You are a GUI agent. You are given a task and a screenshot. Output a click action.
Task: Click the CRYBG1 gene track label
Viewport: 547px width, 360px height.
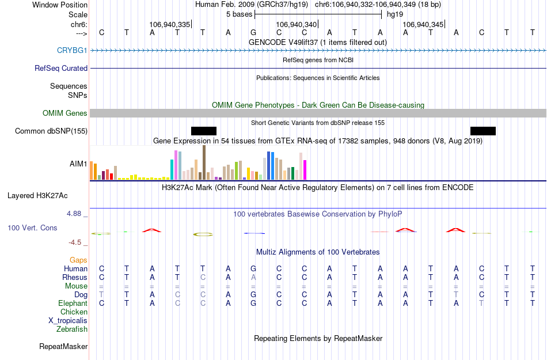pos(72,51)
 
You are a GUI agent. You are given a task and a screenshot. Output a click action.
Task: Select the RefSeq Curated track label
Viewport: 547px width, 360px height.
pos(61,68)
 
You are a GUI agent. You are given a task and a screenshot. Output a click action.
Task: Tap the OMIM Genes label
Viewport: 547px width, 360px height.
pos(64,113)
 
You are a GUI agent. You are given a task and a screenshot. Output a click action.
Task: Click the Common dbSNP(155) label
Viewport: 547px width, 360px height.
pos(51,131)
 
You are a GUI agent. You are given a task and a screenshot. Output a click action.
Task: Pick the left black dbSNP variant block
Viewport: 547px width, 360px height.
pos(204,131)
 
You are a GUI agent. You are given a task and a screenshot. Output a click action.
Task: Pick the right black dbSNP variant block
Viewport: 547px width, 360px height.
pos(483,131)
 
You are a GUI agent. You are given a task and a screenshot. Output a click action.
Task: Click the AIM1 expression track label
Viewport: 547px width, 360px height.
pos(78,164)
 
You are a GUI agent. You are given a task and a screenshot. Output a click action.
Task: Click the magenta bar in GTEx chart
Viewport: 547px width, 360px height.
pos(305,169)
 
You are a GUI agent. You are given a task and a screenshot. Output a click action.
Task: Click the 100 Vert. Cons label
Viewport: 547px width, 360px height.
pos(32,228)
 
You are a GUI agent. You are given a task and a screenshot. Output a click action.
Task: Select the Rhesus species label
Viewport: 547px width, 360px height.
pos(75,277)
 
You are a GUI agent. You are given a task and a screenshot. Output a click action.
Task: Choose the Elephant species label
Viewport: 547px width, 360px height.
pos(73,303)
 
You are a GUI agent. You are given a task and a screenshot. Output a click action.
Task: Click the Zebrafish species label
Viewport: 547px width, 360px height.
pos(72,329)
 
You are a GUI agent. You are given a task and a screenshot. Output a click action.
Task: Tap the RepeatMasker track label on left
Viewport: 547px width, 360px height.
pos(63,346)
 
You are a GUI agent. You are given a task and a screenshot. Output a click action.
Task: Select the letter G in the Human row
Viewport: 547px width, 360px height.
pos(253,268)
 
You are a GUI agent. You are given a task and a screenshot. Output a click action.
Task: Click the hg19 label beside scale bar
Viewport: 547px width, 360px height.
pos(394,14)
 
